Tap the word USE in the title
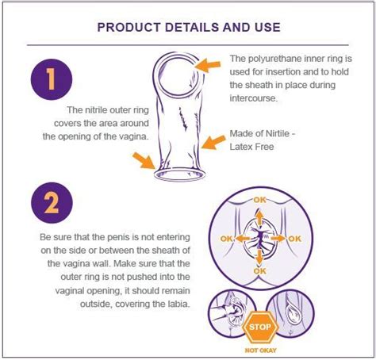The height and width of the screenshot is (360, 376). click(x=263, y=26)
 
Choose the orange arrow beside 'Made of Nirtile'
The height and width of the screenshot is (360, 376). click(x=212, y=143)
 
